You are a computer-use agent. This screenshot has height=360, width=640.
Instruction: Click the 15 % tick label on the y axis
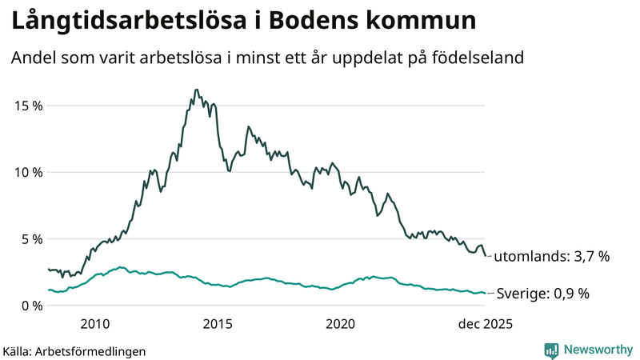click(26, 106)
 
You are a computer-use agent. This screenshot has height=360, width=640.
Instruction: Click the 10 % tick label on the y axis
click(26, 172)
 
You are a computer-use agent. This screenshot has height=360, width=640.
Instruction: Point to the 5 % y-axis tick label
click(30, 238)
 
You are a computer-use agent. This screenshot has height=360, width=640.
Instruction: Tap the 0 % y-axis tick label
click(30, 305)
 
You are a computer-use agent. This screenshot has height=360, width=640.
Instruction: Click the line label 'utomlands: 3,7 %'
click(551, 257)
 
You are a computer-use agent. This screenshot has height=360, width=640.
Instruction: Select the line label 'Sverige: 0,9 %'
click(542, 294)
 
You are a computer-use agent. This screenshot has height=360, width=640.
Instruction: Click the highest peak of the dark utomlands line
click(196, 90)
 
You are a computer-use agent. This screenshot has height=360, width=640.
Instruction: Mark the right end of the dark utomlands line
click(486, 256)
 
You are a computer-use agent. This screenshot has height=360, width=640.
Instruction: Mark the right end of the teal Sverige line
click(486, 293)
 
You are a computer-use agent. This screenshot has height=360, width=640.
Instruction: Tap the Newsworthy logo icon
click(551, 350)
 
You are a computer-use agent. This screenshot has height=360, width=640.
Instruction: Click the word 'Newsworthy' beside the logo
click(597, 350)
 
